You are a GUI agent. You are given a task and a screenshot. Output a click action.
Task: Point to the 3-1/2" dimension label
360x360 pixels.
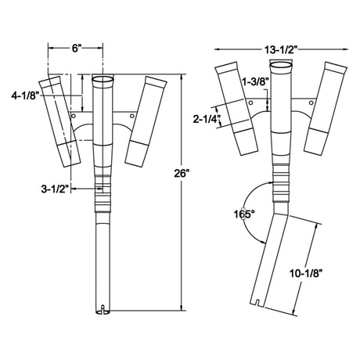point(59,188)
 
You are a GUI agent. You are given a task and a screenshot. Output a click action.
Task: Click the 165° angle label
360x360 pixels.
point(245,214)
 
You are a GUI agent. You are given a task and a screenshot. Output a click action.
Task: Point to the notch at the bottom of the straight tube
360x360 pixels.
point(103,307)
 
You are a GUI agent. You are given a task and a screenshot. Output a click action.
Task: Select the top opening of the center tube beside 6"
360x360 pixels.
point(103,81)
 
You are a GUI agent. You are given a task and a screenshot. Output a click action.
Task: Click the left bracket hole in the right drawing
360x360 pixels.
point(249,103)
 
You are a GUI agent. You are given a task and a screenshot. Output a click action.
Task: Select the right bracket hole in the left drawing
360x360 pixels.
point(129,115)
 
